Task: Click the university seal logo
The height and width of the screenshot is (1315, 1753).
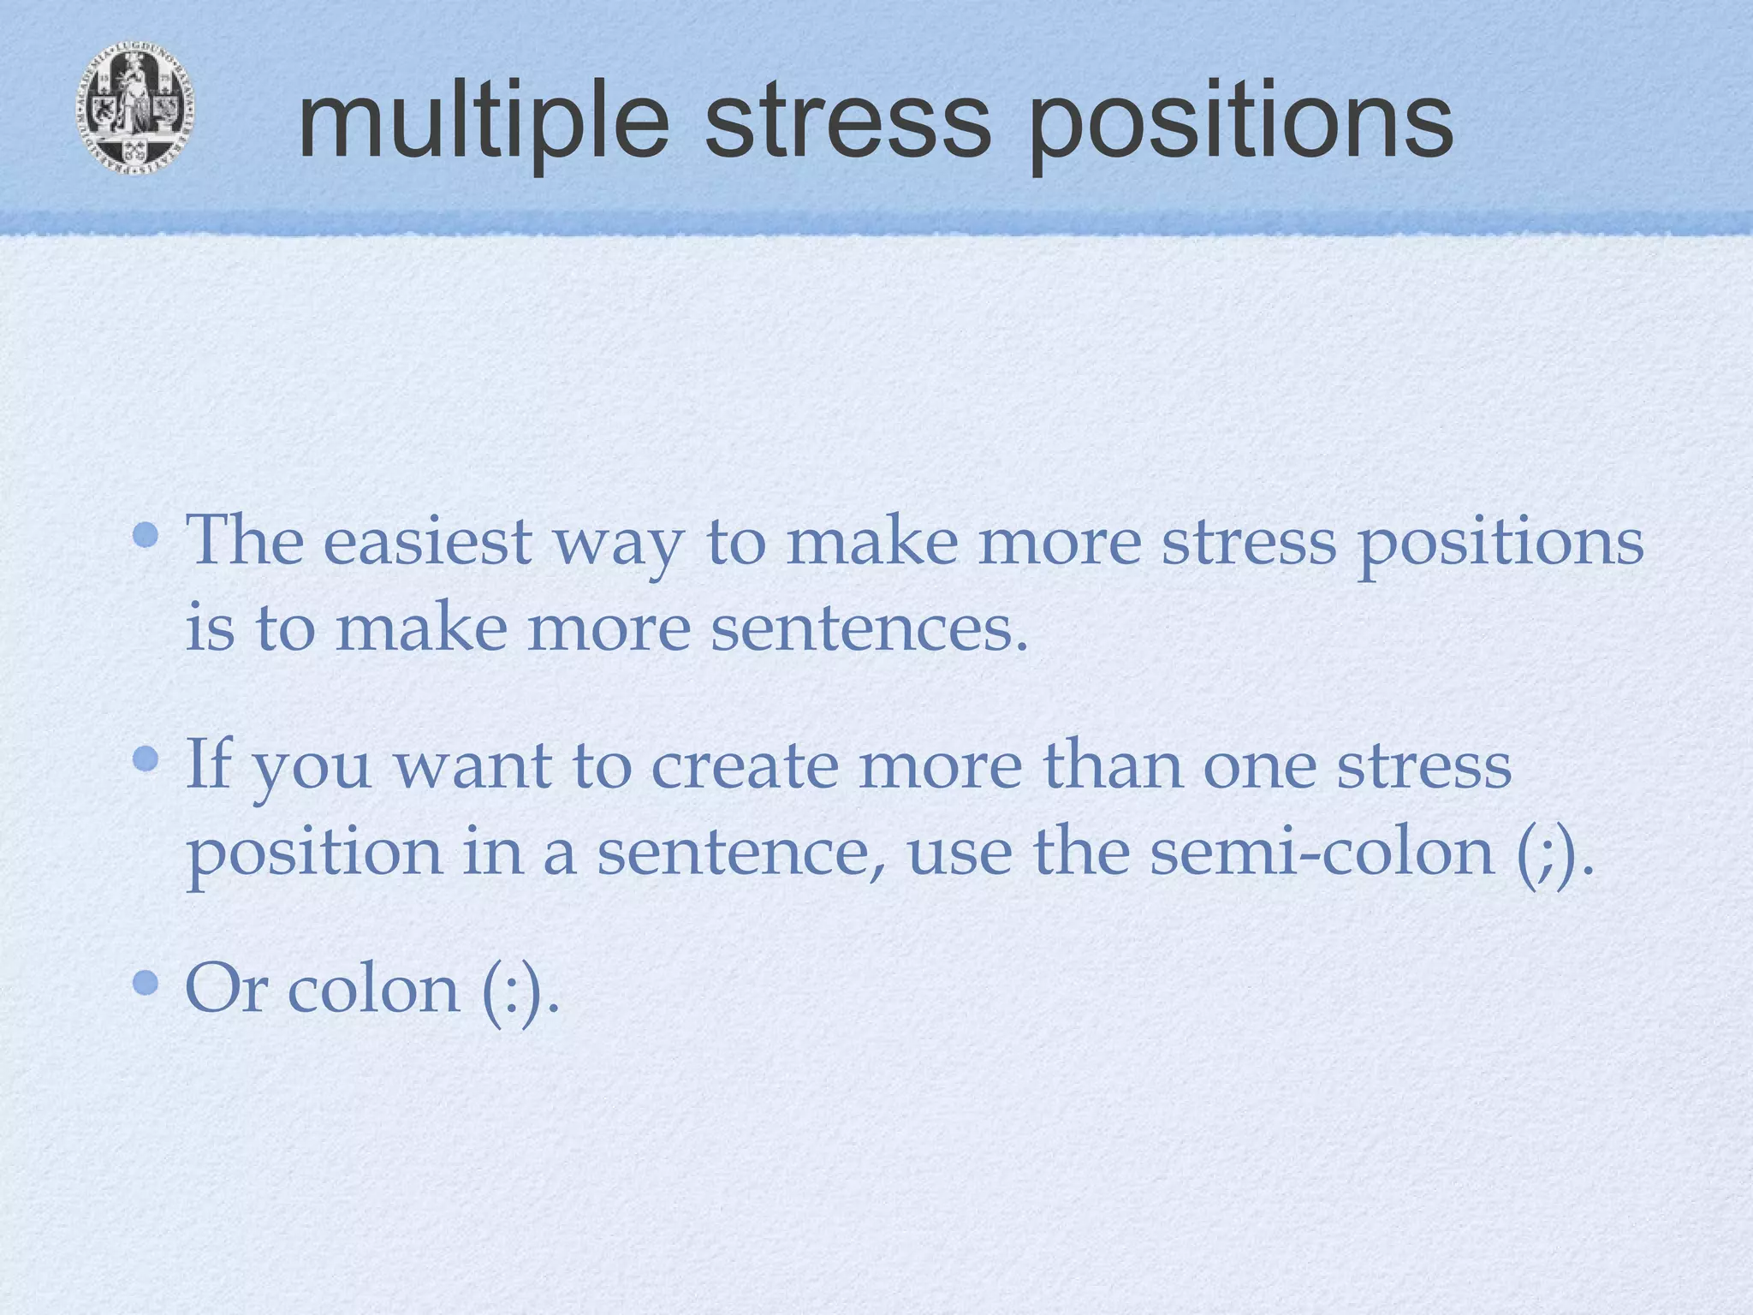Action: [x=135, y=109]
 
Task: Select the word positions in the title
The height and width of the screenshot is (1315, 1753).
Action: [x=1239, y=124]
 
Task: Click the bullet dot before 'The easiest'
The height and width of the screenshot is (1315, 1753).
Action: [x=146, y=536]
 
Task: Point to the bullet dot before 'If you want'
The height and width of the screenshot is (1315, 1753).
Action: [x=146, y=759]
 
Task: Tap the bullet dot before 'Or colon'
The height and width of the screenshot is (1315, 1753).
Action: [x=146, y=982]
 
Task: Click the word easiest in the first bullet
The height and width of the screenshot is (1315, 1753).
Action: [x=427, y=541]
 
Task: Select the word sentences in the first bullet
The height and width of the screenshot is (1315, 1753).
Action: [x=868, y=628]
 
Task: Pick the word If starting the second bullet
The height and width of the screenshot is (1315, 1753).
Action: [x=209, y=764]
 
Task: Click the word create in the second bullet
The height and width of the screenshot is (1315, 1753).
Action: [x=744, y=765]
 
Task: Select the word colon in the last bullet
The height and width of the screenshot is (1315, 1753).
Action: [x=373, y=989]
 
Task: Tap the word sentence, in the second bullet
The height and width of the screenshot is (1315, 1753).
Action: [x=741, y=854]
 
